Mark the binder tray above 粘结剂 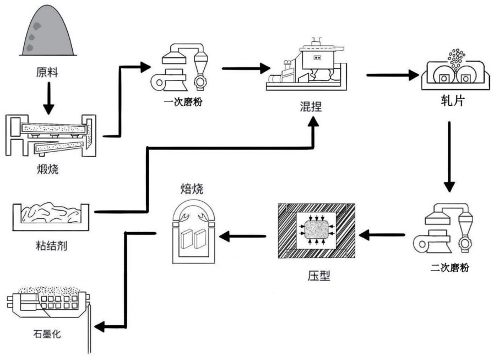[51, 217]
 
